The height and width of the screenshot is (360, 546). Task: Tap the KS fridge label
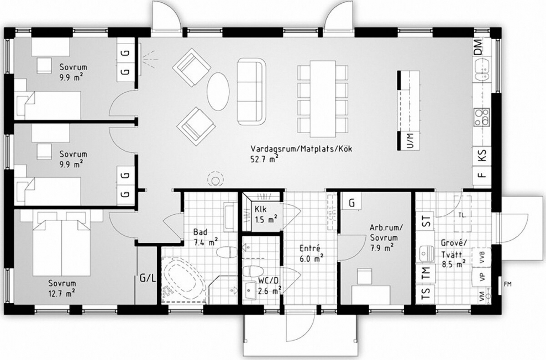pos(481,155)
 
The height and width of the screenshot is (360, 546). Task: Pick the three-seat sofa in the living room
pos(251,92)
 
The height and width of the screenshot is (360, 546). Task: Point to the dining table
pos(323,99)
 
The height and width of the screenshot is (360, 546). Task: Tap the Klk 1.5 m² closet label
pos(266,215)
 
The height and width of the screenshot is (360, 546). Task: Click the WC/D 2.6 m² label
pos(269,286)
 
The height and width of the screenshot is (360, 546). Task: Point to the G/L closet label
pos(148,278)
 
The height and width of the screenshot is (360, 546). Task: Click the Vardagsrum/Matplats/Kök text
pos(302,149)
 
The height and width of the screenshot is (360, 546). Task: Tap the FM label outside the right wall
pos(507,284)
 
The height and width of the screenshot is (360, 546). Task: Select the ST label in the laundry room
pos(426,222)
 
